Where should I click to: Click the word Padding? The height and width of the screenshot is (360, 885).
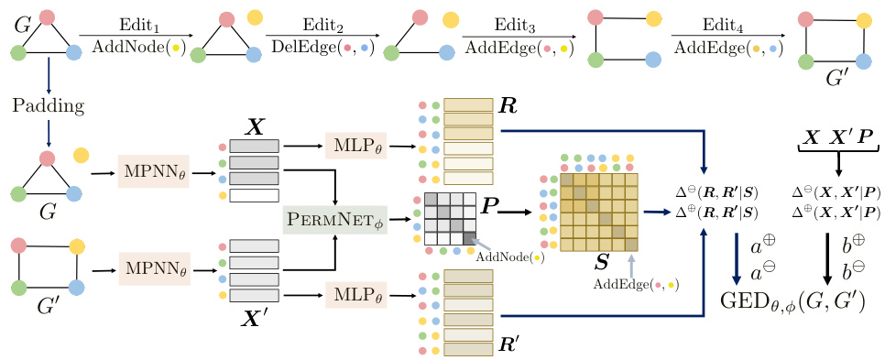pos(49,105)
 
